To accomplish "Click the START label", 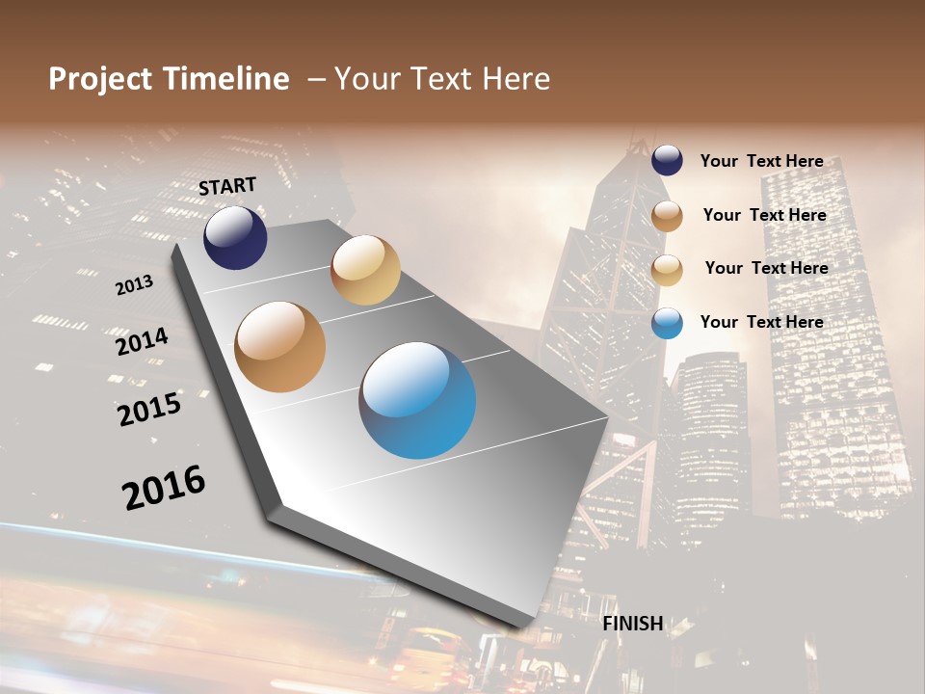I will pyautogui.click(x=227, y=185).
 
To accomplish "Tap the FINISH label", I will pyautogui.click(x=633, y=624).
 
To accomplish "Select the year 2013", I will pyautogui.click(x=135, y=285).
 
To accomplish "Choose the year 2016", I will pyautogui.click(x=164, y=488).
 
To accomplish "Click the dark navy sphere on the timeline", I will pyautogui.click(x=235, y=238).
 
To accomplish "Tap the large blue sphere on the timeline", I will pyautogui.click(x=417, y=400).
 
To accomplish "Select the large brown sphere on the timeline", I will pyautogui.click(x=279, y=347).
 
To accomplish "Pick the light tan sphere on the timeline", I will pyautogui.click(x=365, y=270).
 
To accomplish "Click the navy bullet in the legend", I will pyautogui.click(x=667, y=161).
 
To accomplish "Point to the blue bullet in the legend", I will pyautogui.click(x=667, y=323).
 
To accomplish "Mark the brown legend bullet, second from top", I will pyautogui.click(x=667, y=216).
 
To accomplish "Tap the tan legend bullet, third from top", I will pyautogui.click(x=667, y=270).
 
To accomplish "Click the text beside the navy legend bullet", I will pyautogui.click(x=761, y=161).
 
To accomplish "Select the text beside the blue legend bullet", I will pyautogui.click(x=761, y=322).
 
